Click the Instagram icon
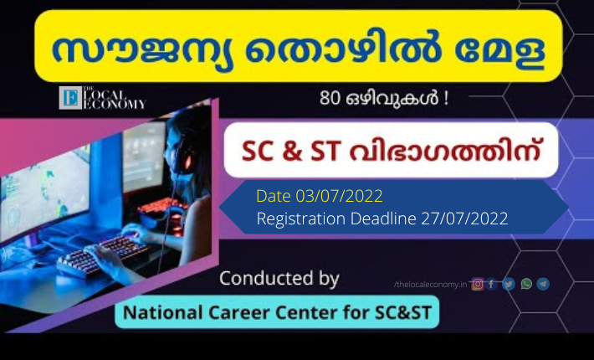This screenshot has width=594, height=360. (478, 284)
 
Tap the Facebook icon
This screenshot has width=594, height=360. (491, 284)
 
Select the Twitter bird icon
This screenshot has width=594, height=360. (509, 284)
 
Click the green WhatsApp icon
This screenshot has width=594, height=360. (526, 284)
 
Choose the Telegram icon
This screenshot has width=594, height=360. (543, 284)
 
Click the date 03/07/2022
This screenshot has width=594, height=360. (339, 196)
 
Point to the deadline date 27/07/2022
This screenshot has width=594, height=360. (464, 219)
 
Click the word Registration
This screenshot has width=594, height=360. (301, 219)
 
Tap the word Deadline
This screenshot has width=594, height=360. (383, 219)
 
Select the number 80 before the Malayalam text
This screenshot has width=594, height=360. (330, 98)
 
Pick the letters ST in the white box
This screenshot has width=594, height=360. (325, 152)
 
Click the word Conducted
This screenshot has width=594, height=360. (266, 278)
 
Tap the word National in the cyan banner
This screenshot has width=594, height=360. (163, 312)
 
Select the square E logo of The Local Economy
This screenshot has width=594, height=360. (70, 98)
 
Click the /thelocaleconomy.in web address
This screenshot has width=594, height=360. (430, 284)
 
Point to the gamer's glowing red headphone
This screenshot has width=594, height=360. (187, 162)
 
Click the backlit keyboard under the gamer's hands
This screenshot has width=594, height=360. (102, 257)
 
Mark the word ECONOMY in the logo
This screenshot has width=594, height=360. (114, 104)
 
